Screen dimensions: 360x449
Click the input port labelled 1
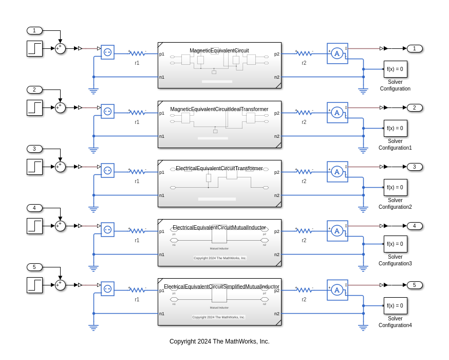coord(34,30)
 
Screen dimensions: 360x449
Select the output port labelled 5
coord(415,285)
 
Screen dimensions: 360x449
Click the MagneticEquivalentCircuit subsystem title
coord(219,50)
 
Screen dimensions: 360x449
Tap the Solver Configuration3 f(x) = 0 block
coord(395,244)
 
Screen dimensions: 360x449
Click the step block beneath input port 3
coord(34,167)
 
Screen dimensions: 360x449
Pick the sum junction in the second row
coord(60,107)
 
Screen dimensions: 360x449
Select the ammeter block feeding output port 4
coord(337,230)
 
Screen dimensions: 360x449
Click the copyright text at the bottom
coord(219,341)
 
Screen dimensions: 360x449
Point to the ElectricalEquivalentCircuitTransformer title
coord(219,168)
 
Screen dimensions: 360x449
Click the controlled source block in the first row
coord(107,52)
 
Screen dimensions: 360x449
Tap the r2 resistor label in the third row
coord(304,181)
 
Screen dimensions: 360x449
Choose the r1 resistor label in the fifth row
coord(137,299)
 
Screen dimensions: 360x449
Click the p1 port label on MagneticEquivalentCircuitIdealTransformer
coord(162,113)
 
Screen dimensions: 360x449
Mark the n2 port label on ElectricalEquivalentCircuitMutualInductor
coord(277,255)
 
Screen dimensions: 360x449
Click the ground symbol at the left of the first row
coord(93,91)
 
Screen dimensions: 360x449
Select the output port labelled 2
coord(415,107)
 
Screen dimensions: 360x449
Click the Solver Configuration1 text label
coord(395,145)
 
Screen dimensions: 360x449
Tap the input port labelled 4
coord(34,208)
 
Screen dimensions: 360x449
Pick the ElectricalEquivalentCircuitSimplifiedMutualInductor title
coord(221,286)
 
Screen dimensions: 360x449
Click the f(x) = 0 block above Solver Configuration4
coord(395,305)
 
